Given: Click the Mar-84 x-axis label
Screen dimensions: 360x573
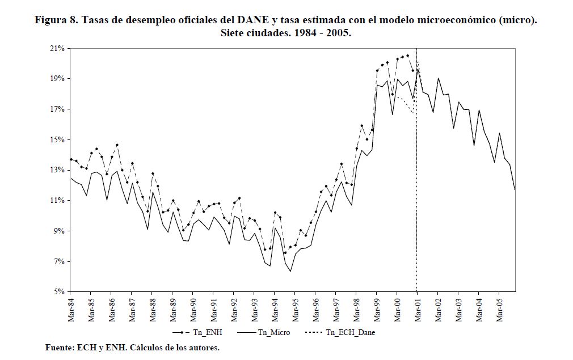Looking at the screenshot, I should [x=70, y=309].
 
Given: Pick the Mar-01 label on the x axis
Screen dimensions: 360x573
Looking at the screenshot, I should [x=417, y=309].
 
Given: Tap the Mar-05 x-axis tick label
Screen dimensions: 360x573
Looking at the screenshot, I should [x=499, y=309].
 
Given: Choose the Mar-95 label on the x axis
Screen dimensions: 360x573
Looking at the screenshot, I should [x=294, y=309].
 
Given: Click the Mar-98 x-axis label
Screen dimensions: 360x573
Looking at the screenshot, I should [x=356, y=309].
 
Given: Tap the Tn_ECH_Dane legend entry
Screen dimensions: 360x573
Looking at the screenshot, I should [x=350, y=333].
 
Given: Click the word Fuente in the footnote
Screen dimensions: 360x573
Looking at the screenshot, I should [x=58, y=347].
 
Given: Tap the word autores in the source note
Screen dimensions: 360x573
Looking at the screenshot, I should [x=201, y=347].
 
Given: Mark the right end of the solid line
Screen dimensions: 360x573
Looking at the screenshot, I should [x=515, y=189].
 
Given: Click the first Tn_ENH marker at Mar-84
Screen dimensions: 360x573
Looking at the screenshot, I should [x=71, y=159].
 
